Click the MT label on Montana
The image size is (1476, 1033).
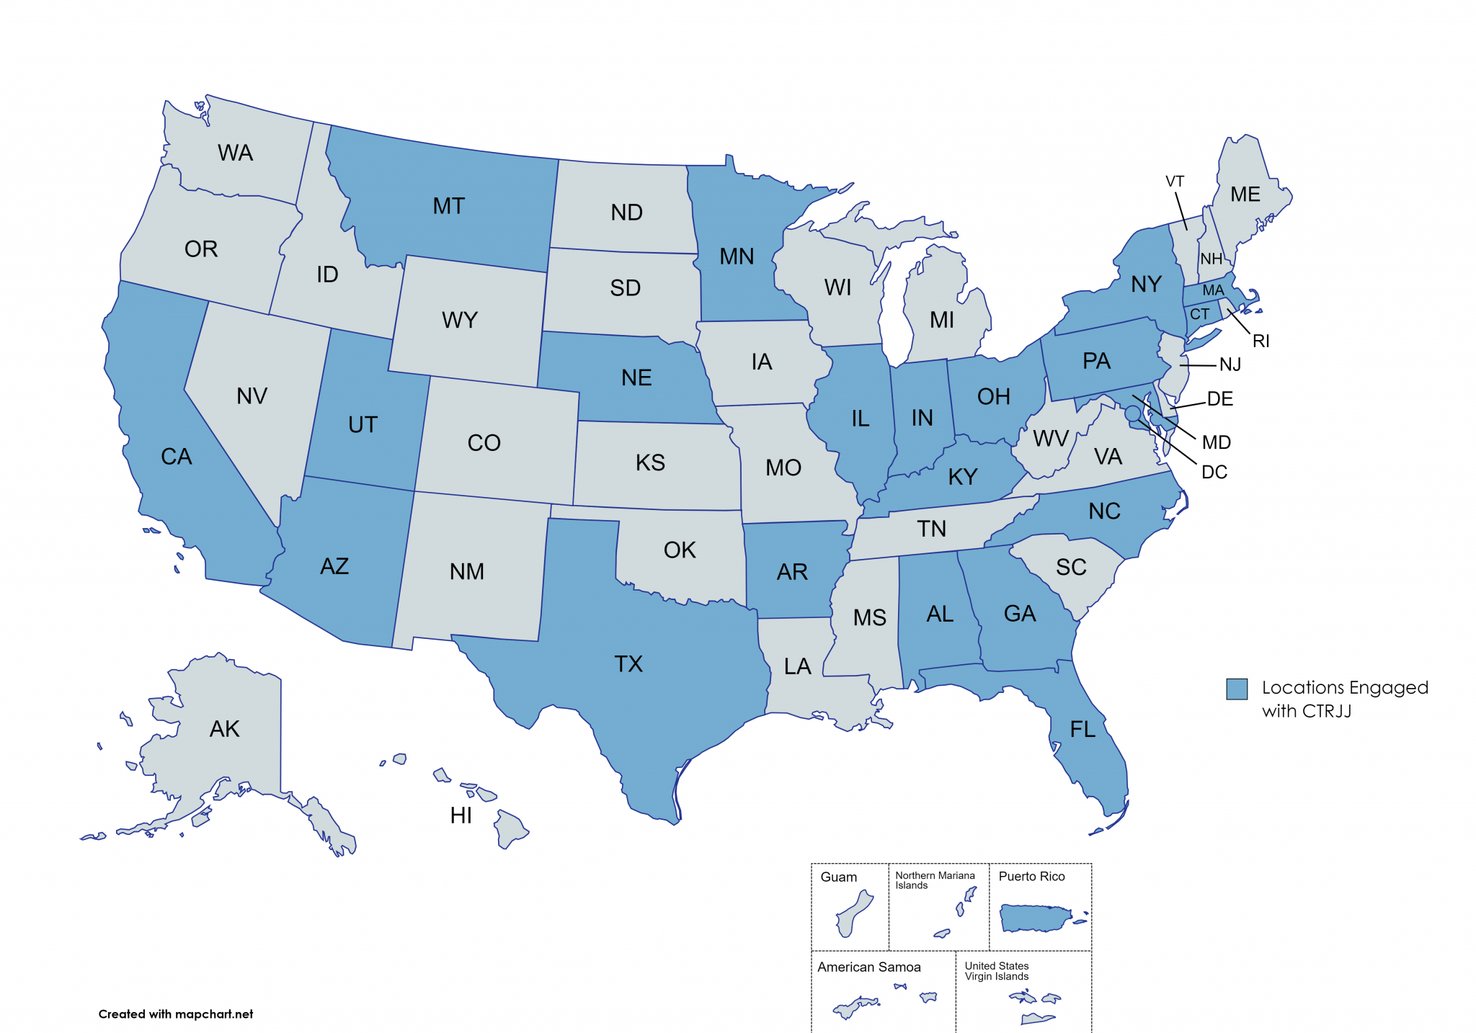(448, 206)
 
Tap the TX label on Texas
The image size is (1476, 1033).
(628, 663)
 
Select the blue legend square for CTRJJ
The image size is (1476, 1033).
(1237, 689)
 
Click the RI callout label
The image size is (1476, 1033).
(1261, 341)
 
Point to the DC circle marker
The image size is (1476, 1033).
(1132, 413)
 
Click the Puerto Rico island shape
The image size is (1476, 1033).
(1036, 918)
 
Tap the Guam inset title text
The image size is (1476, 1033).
(838, 877)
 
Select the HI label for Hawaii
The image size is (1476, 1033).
(461, 815)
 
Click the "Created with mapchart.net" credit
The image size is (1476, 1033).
(175, 1014)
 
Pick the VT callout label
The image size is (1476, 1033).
(1175, 182)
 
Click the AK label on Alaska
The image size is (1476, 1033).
(224, 729)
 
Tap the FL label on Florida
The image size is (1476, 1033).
(1082, 730)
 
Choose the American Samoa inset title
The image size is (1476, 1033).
(868, 967)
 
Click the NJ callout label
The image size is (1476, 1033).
(1230, 365)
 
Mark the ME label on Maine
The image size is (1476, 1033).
(1245, 194)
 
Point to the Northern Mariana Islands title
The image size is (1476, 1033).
(934, 880)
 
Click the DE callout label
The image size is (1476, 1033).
(1219, 399)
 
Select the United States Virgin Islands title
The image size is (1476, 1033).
(996, 970)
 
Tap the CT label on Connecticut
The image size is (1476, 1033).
(1199, 314)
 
